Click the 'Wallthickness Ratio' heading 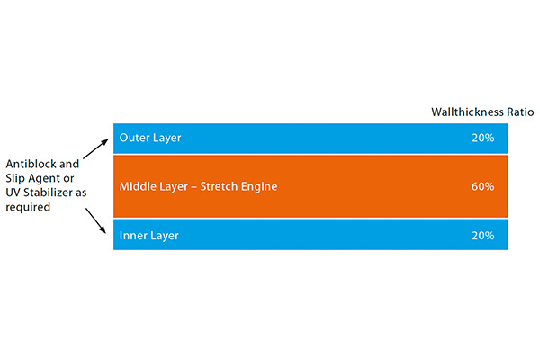click(x=482, y=112)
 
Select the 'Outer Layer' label click(x=150, y=138)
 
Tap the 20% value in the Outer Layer click(x=482, y=138)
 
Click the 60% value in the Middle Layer click(x=482, y=186)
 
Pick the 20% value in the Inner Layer click(x=482, y=236)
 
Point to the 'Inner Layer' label click(x=148, y=236)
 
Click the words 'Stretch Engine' click(x=238, y=186)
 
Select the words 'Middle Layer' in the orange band click(x=154, y=186)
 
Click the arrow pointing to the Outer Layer click(x=95, y=148)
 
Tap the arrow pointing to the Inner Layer click(x=95, y=220)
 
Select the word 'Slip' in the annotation click(x=15, y=178)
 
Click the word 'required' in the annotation click(x=28, y=207)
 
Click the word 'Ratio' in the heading click(x=520, y=112)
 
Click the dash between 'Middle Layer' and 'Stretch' click(x=194, y=187)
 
